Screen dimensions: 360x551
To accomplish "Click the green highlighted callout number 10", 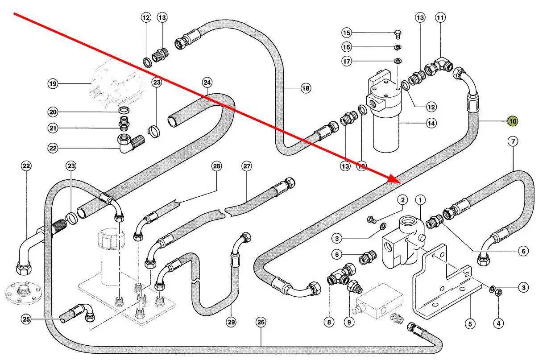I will pos(513,120).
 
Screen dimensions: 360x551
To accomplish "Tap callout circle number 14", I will pos(431,123).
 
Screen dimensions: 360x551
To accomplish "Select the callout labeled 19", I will pos(53,83).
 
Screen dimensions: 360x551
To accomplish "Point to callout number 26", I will pos(261,322).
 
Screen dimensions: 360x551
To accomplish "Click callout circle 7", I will pos(513,142).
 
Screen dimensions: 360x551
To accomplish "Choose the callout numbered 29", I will pos(231,322).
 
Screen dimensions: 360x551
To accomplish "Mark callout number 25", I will pos(26,319).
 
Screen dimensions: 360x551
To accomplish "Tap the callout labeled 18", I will pos(305,88).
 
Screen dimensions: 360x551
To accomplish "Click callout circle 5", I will pos(469,324).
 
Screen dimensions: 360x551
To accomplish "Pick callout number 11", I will pos(440,18).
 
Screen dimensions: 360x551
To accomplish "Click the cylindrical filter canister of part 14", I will pos(386,134).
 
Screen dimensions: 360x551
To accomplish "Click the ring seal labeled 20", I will pos(124,110).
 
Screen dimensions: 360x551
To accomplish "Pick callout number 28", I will pos(216,167).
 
